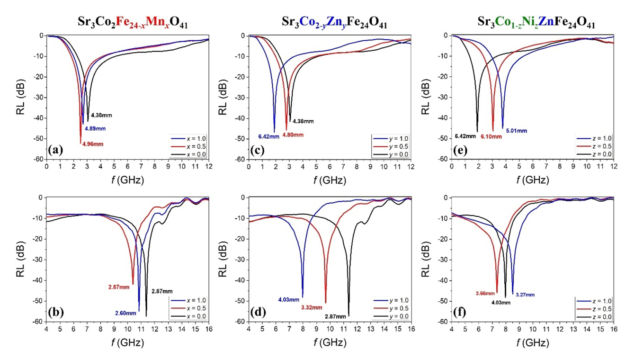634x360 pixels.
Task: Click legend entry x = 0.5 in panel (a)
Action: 191,146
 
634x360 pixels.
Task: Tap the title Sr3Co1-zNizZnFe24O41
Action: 537,23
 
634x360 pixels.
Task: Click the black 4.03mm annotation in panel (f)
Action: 501,302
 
